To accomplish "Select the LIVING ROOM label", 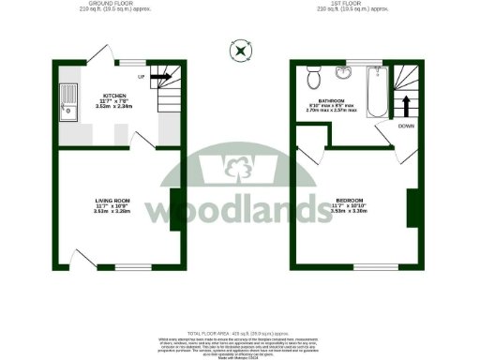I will tap(112, 201).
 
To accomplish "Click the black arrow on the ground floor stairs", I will tap(160, 78).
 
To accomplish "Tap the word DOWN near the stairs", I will tap(406, 125).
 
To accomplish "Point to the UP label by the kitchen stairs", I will tap(142, 77).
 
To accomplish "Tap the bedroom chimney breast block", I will tap(411, 207).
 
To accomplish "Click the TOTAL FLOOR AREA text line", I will tap(240, 334).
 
